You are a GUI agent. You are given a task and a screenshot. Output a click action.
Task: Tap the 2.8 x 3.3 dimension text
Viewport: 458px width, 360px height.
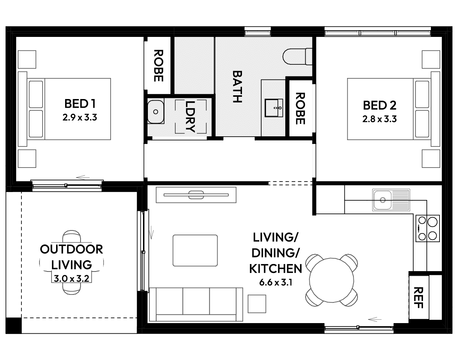tap(379, 119)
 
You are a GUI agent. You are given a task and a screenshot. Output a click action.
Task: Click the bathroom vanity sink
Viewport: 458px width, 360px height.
tap(274, 107)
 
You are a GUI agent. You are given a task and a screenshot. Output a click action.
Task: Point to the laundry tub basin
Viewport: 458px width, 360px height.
tap(155, 112)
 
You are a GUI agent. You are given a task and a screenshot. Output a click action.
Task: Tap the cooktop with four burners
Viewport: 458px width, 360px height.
tap(428, 228)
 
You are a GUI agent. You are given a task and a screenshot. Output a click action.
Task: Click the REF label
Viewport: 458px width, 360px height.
tap(418, 297)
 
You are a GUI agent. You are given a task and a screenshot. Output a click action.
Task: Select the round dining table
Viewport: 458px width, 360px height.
tap(331, 281)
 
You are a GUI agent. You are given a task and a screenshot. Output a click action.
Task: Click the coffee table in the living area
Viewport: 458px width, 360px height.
tap(195, 250)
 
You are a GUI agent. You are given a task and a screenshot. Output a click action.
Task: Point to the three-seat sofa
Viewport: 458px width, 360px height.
tap(196, 304)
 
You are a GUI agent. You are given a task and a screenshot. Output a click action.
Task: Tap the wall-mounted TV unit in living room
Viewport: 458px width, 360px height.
tap(196, 195)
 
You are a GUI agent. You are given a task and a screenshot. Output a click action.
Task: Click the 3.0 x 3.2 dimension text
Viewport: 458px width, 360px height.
tap(71, 279)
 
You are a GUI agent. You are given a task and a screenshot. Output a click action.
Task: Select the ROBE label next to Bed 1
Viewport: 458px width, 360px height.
tap(158, 66)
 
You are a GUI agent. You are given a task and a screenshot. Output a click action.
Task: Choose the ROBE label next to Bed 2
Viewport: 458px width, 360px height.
tap(300, 108)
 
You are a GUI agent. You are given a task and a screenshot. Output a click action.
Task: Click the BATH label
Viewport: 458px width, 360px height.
tap(237, 86)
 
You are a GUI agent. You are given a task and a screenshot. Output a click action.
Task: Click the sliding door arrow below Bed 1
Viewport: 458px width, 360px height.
tap(82, 177)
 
